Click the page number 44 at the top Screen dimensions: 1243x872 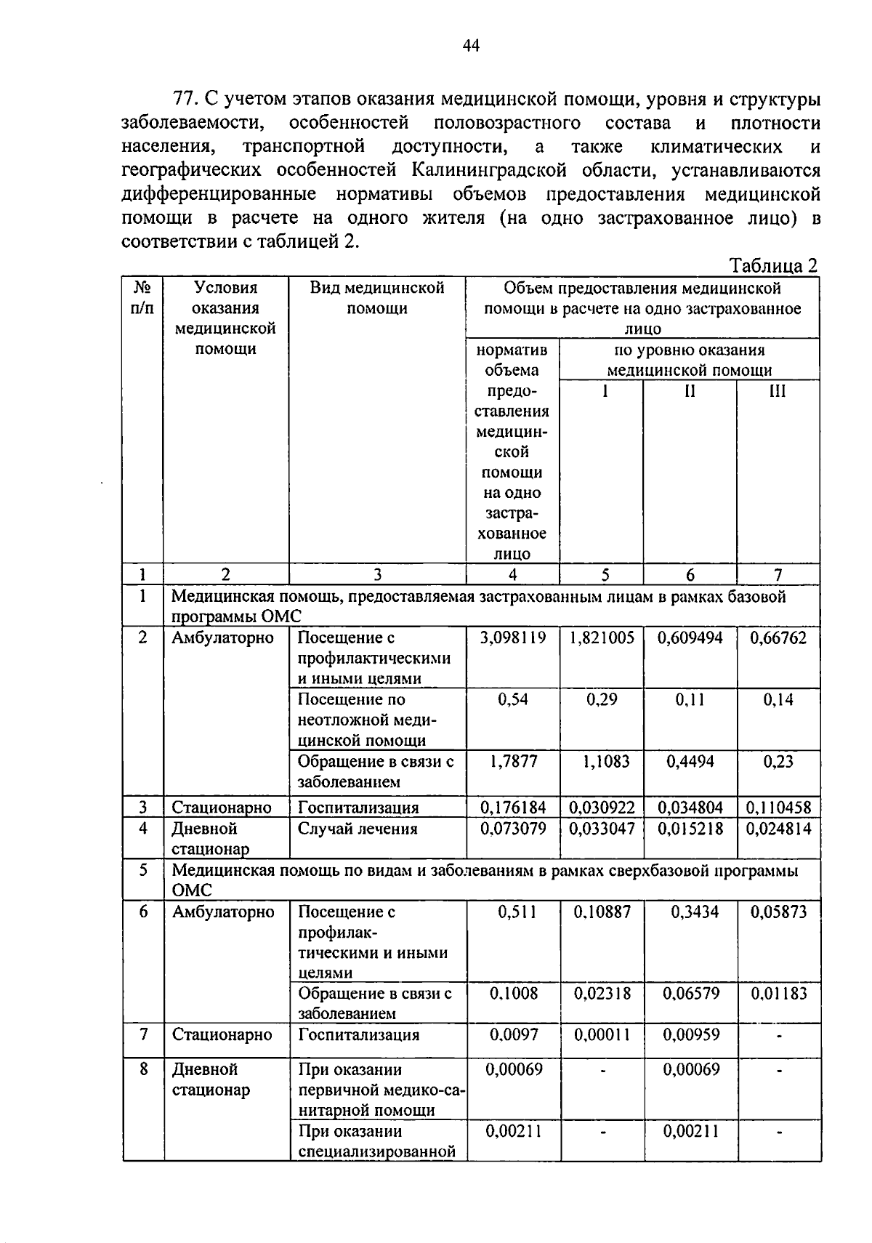[x=471, y=47]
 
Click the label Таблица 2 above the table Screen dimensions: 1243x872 [x=773, y=265]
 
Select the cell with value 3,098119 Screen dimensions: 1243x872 [x=512, y=638]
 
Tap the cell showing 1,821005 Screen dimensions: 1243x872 [x=602, y=638]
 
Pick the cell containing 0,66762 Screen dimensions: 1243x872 [x=778, y=638]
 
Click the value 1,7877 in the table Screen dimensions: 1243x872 [x=513, y=761]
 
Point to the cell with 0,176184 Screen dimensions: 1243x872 [x=513, y=808]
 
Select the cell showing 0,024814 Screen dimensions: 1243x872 [x=778, y=829]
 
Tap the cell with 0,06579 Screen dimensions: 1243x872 [x=690, y=993]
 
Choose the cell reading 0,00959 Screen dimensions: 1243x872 [x=690, y=1034]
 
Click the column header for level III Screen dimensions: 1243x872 [x=778, y=392]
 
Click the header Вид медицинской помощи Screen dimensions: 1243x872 [x=376, y=298]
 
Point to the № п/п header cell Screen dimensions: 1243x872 [x=142, y=298]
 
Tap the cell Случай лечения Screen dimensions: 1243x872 [x=358, y=829]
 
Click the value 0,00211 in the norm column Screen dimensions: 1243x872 [x=513, y=1131]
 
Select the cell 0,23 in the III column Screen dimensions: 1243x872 [x=778, y=761]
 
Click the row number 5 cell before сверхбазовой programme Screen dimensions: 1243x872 [x=143, y=870]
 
